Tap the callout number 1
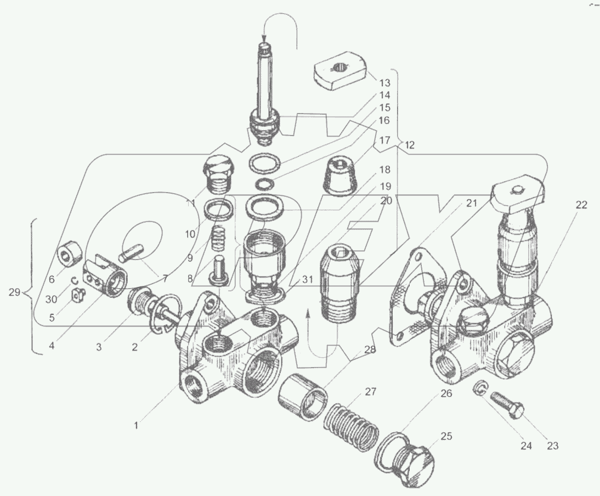tap(138, 424)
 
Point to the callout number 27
tap(371, 392)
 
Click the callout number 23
tap(552, 446)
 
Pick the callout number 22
tap(581, 205)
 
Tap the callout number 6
tap(52, 279)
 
